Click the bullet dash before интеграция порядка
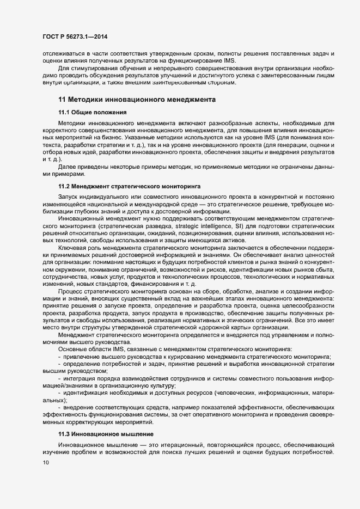click(x=59, y=377)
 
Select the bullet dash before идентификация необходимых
click(x=59, y=392)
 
